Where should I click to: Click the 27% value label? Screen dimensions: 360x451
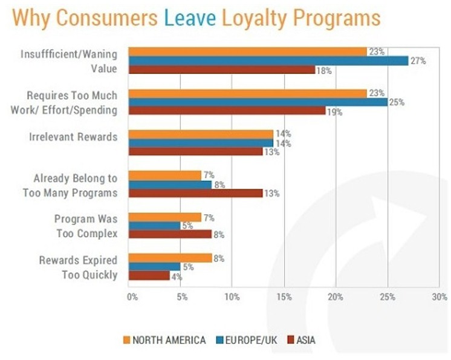click(x=418, y=61)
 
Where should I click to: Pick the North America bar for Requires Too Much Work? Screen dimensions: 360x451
click(x=248, y=93)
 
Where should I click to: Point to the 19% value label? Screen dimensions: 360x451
click(x=335, y=112)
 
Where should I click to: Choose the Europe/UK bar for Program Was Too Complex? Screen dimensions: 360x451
click(x=155, y=226)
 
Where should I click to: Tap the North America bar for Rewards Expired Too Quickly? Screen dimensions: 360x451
click(x=170, y=258)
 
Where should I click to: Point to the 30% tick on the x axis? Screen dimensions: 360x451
click(x=440, y=297)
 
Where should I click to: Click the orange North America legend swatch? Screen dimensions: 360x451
click(x=126, y=340)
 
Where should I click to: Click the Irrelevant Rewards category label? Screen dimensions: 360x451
click(x=73, y=137)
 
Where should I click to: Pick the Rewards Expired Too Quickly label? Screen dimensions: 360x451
click(x=78, y=267)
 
